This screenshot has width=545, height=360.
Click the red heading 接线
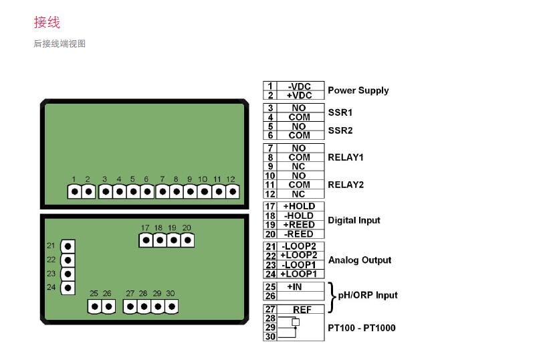(x=47, y=22)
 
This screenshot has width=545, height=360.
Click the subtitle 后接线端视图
(x=60, y=43)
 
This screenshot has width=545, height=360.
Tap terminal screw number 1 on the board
(x=75, y=191)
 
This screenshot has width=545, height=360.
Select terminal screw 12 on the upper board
(x=233, y=191)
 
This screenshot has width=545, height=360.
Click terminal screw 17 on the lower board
(x=146, y=240)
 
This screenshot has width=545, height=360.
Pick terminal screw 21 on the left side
(x=68, y=246)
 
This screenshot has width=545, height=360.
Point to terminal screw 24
(x=68, y=288)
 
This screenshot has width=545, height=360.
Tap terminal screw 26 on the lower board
(x=108, y=306)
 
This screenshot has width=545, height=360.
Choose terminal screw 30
(x=171, y=306)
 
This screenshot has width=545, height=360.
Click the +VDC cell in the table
(x=300, y=95)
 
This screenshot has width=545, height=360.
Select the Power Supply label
(x=358, y=90)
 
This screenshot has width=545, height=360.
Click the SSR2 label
(x=340, y=130)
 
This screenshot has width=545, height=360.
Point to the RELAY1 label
(x=346, y=157)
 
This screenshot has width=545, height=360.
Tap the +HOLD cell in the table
(x=300, y=206)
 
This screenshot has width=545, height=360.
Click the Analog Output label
(x=360, y=260)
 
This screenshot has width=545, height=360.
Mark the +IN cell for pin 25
(x=294, y=287)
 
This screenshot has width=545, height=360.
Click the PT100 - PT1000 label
(x=362, y=328)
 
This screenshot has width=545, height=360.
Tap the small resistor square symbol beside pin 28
(x=296, y=322)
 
